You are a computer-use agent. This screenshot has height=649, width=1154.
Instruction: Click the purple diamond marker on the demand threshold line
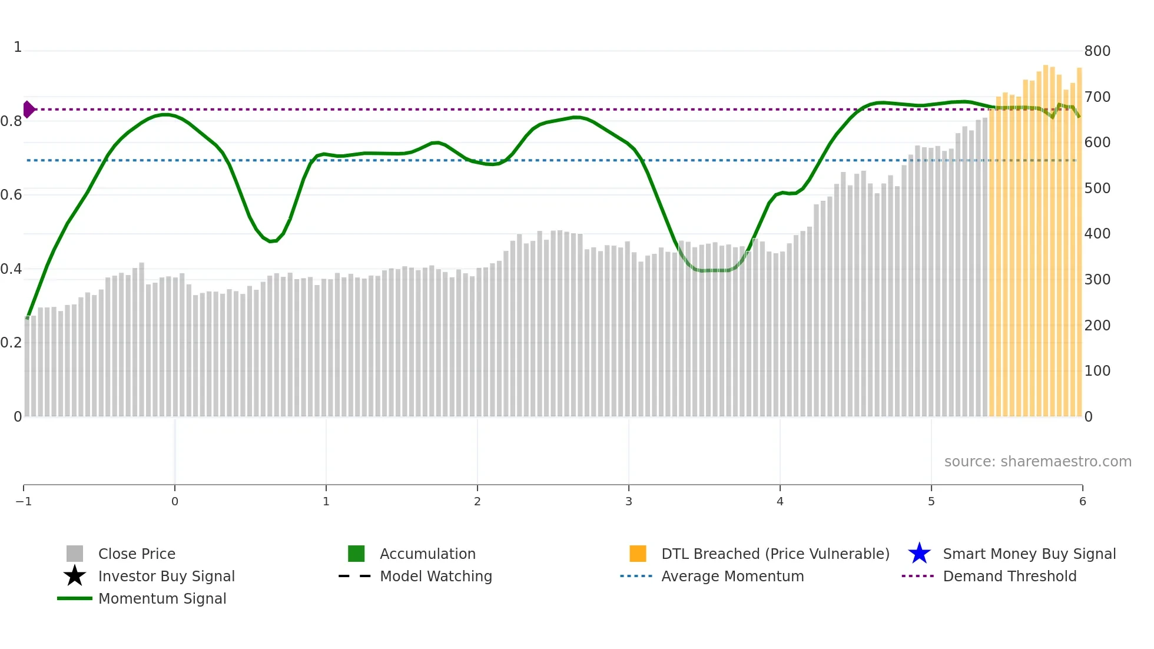(x=28, y=110)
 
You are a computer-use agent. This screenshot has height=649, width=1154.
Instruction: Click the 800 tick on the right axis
(x=1097, y=51)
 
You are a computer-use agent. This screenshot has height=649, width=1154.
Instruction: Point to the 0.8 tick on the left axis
(x=11, y=121)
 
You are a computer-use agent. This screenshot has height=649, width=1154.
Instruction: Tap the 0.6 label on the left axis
(x=11, y=195)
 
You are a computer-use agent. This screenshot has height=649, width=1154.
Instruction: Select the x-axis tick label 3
(x=628, y=502)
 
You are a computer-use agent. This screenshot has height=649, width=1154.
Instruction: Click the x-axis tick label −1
(x=24, y=502)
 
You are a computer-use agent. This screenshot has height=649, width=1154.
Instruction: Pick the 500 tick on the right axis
(x=1097, y=188)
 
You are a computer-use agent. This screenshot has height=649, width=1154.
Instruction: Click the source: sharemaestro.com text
(x=1037, y=462)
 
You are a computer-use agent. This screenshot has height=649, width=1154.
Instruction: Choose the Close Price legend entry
(x=137, y=554)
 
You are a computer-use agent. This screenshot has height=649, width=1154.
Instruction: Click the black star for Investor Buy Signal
(x=75, y=576)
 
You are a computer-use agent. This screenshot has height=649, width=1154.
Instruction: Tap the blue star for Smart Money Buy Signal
(x=919, y=554)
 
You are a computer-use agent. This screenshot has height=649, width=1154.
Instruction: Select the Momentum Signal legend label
(x=162, y=599)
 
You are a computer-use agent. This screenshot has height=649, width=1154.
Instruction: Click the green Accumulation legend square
(x=356, y=554)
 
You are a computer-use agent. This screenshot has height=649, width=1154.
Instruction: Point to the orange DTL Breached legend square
(x=638, y=554)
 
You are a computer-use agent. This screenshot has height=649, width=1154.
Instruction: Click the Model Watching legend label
(x=436, y=577)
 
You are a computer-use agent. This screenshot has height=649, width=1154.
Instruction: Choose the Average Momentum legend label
(x=732, y=577)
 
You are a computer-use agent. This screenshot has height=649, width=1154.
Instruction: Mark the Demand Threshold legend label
(x=1009, y=577)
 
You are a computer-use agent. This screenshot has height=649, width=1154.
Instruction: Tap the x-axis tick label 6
(x=1082, y=502)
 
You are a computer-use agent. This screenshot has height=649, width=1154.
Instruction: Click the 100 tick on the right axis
(x=1097, y=371)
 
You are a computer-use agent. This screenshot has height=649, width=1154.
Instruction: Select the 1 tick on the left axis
(x=18, y=47)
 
